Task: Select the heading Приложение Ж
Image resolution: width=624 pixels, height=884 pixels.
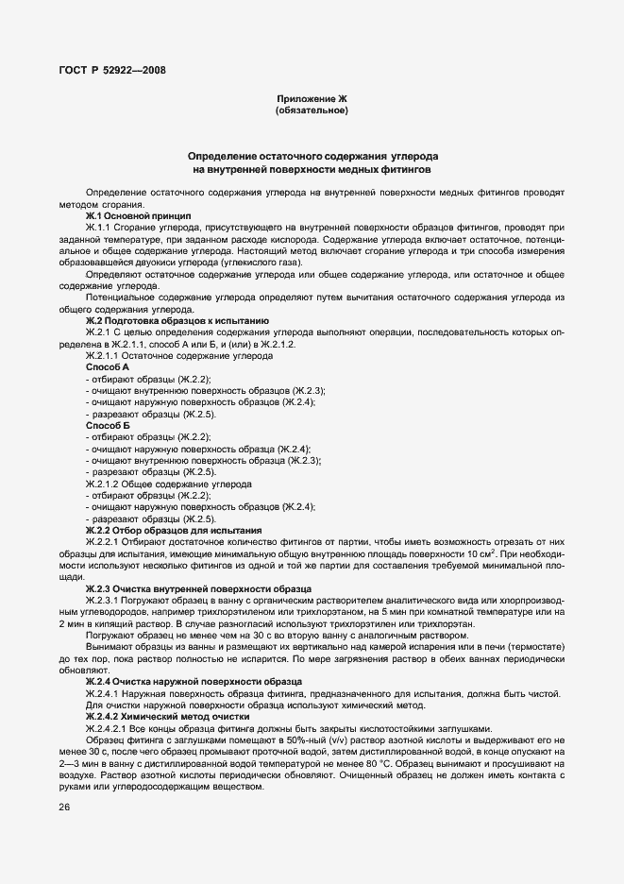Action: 312,98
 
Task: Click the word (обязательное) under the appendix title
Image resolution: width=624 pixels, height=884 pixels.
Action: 312,111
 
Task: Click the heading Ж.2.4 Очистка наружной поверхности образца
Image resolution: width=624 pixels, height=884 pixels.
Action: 194,680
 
